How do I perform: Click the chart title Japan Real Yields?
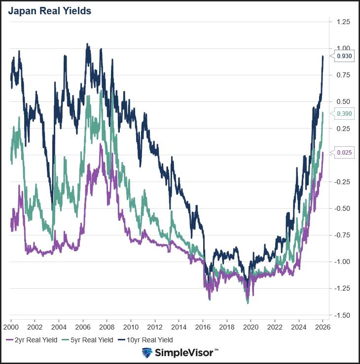[49, 11]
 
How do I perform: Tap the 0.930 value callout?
[344, 57]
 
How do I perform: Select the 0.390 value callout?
[344, 114]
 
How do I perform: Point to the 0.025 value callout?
[344, 153]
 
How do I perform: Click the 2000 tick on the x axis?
[11, 327]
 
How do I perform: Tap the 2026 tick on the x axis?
[323, 327]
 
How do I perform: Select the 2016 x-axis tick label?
[203, 327]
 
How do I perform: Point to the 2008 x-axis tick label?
[107, 327]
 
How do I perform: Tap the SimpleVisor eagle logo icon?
[147, 353]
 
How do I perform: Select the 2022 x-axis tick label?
[275, 327]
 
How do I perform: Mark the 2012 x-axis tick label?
[155, 327]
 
